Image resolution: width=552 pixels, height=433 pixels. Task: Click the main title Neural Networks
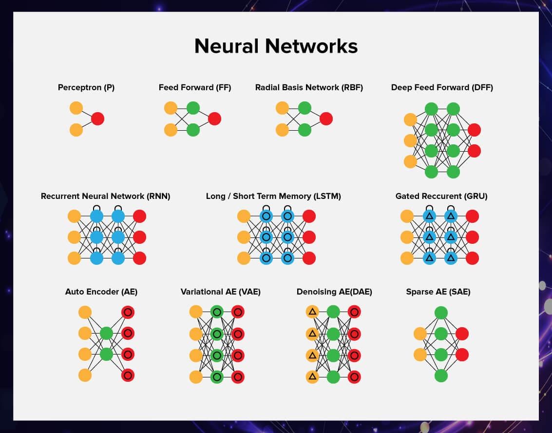[276, 46]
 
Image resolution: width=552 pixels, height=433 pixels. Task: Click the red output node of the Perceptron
[97, 118]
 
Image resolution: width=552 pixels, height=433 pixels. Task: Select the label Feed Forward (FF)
[195, 88]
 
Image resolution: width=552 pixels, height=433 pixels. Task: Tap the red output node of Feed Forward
[214, 118]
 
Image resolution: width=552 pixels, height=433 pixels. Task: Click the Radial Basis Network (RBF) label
[309, 88]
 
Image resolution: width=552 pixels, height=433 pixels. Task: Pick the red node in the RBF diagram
[326, 118]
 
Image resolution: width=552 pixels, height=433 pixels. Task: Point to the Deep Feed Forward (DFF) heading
[442, 88]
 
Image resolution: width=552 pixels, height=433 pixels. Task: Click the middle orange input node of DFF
[411, 140]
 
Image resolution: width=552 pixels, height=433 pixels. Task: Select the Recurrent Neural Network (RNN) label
[106, 196]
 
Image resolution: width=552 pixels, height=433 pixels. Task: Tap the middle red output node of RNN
[139, 237]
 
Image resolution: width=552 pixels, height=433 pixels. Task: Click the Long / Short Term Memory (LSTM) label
[273, 196]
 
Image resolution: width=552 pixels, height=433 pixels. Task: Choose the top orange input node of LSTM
[244, 216]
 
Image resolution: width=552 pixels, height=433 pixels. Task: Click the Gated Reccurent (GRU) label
[441, 196]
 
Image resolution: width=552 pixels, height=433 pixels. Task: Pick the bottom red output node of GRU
[472, 258]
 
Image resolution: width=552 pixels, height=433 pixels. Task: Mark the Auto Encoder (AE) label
[101, 292]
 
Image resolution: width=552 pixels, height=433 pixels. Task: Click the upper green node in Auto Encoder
[106, 334]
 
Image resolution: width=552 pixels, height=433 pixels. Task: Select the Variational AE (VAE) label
[221, 292]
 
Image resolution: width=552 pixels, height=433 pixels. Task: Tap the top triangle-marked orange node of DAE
[312, 312]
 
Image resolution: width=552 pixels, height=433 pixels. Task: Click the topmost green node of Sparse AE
[441, 313]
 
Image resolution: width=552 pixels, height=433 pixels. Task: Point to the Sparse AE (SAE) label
[438, 292]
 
